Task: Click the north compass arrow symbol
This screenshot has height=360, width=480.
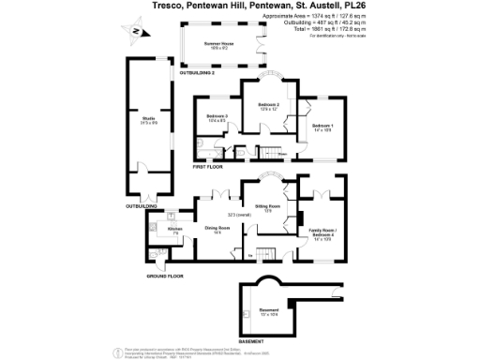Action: (136, 34)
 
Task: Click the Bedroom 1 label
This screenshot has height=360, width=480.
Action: (322, 127)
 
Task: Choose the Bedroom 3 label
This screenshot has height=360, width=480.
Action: (217, 118)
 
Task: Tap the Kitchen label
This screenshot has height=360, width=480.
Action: (174, 230)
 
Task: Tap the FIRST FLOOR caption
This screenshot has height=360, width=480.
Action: (208, 167)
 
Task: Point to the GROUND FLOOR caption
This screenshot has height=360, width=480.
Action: (165, 277)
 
